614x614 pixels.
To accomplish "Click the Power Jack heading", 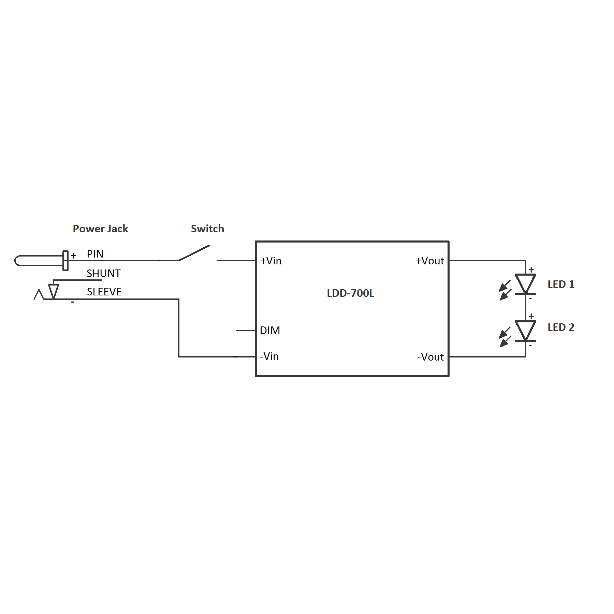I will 100,229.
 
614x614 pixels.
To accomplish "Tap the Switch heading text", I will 207,229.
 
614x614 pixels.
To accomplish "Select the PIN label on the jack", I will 95,254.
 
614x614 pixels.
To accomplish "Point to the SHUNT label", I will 103,273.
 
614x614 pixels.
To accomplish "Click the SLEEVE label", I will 104,292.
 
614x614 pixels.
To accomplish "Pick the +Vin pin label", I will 271,261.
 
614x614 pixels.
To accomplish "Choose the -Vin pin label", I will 269,356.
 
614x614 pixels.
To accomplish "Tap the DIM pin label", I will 270,330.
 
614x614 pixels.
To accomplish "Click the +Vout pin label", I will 429,261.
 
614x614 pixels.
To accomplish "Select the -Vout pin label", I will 430,357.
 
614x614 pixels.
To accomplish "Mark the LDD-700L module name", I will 350,293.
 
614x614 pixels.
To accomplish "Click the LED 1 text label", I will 561,284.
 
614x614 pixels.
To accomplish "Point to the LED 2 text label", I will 561,327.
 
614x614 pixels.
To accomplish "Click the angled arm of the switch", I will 194,253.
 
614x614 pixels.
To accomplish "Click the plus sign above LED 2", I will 531,316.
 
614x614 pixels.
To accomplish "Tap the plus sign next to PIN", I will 73,255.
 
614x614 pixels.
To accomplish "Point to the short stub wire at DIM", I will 245,330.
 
